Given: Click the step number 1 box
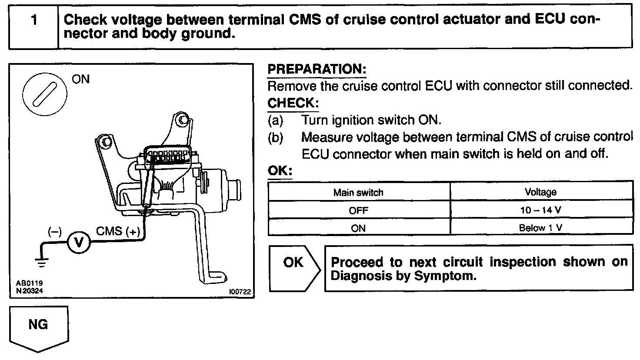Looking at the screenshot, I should click(33, 27).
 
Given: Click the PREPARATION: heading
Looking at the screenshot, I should click(317, 70).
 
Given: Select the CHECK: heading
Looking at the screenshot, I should click(293, 103).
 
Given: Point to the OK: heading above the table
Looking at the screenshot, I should click(280, 171).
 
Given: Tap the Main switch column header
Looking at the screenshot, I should click(358, 192).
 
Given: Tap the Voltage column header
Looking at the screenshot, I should click(540, 192).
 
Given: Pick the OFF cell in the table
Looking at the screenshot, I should click(358, 210).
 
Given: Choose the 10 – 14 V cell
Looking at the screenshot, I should click(540, 210).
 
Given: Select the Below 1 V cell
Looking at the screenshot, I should click(540, 228).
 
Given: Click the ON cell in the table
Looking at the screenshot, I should click(358, 228).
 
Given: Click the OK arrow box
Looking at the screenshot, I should click(293, 268).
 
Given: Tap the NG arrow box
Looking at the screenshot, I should click(38, 327).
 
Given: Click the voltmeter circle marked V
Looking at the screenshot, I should click(79, 242).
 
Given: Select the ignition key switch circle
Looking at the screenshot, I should click(44, 92).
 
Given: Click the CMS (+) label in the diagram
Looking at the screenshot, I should click(118, 231).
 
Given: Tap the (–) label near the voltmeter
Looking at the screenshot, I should click(54, 232).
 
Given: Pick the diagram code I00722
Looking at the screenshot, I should click(240, 293).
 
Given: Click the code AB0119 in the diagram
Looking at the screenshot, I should click(30, 283).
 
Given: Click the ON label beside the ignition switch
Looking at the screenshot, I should click(80, 79).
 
